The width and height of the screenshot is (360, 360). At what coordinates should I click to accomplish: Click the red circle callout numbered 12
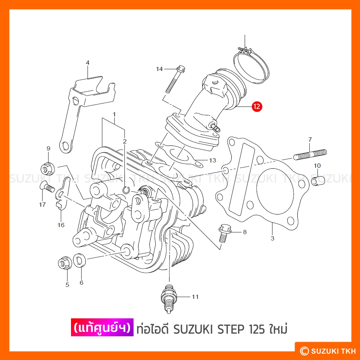click(257, 107)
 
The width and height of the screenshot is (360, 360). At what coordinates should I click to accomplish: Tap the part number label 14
click(159, 69)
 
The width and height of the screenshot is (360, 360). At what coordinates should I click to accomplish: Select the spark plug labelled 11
click(169, 298)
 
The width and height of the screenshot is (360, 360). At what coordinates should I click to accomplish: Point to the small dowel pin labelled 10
click(318, 181)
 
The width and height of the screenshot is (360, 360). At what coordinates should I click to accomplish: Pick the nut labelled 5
click(65, 263)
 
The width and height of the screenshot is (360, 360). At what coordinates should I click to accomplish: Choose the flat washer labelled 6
click(79, 261)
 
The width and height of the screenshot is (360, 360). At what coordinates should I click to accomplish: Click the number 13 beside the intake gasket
click(212, 160)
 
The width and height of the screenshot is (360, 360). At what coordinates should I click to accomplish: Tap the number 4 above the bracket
click(88, 63)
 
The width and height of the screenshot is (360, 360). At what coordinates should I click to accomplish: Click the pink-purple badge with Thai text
click(102, 327)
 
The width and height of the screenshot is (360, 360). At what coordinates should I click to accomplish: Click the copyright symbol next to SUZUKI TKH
click(304, 351)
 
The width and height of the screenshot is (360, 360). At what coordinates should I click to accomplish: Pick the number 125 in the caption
click(257, 329)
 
